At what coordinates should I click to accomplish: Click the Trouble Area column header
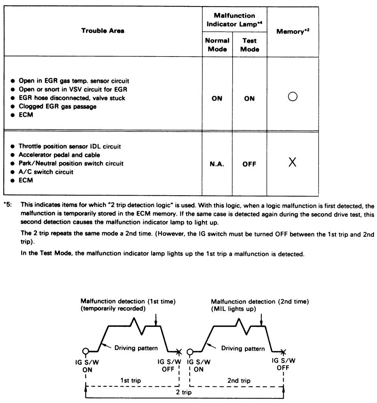(103, 31)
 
